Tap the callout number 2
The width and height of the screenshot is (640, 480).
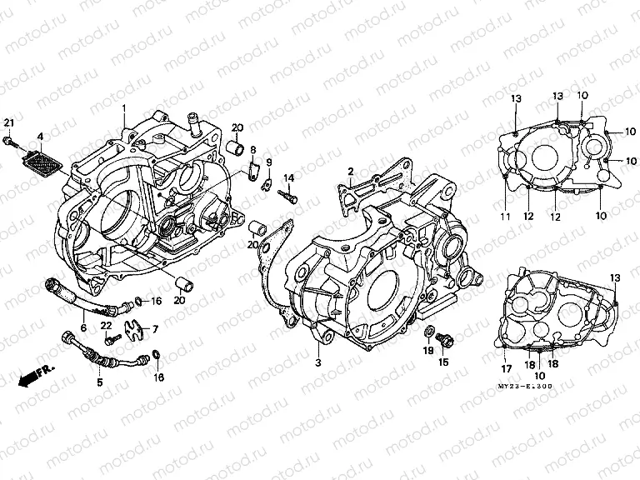[352, 170]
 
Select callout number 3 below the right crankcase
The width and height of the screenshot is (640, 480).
[317, 363]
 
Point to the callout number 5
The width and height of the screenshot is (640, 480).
[100, 383]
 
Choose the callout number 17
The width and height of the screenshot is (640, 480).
[505, 368]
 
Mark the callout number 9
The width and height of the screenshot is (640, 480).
[269, 162]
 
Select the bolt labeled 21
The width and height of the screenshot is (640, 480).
[10, 142]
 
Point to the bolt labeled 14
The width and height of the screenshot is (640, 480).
[291, 197]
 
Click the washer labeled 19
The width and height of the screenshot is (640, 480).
[427, 335]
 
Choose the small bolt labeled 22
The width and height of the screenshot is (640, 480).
[110, 339]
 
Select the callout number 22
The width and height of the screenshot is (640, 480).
[106, 325]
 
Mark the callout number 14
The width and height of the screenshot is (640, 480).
[289, 178]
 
